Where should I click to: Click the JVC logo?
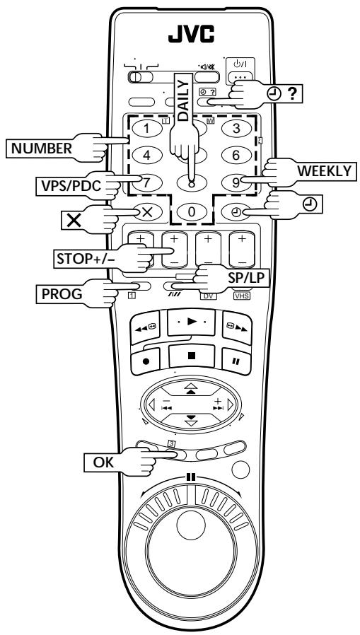pos(191,34)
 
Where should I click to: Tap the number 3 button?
pos(236,129)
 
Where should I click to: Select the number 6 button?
pos(236,155)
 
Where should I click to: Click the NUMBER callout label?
pos(41,148)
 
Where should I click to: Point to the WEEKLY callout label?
pos(325,171)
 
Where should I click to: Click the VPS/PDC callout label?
pos(68,186)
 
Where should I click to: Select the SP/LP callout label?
pos(243,277)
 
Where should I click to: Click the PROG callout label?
pos(62,294)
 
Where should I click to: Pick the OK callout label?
pos(104,462)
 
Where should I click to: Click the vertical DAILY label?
pos(183,100)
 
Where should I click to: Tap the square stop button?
pos(192,356)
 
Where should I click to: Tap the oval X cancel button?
pos(147,211)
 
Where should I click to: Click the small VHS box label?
pos(242,296)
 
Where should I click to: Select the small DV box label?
pos(208,296)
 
